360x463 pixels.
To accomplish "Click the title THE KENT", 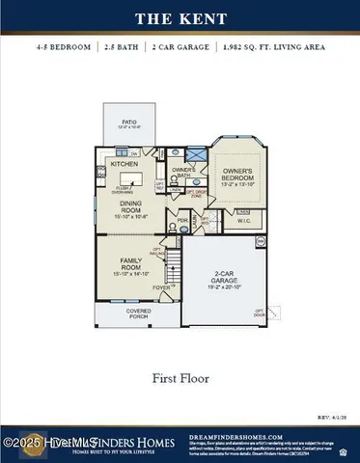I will [x=180, y=17].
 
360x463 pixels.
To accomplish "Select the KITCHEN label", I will [x=125, y=164].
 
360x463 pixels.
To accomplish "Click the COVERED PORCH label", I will [x=139, y=313].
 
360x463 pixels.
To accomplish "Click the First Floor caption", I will [x=180, y=379].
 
